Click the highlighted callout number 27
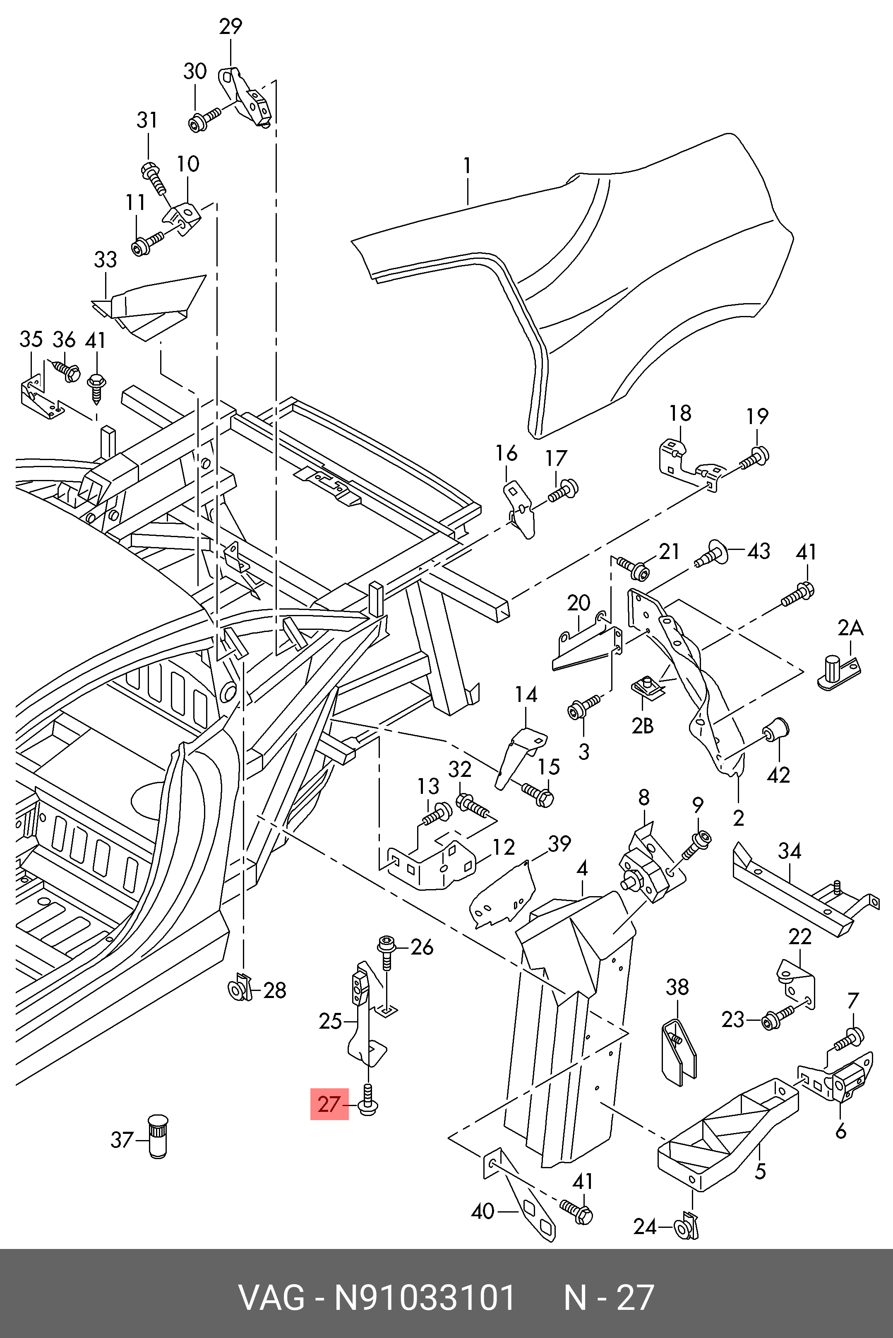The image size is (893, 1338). coord(329,1104)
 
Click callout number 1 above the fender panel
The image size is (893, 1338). coord(467,166)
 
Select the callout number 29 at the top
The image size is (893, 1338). coord(230,27)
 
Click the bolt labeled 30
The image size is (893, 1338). coord(204,120)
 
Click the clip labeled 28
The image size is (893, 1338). coord(239,991)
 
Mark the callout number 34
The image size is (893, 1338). coord(790,851)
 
